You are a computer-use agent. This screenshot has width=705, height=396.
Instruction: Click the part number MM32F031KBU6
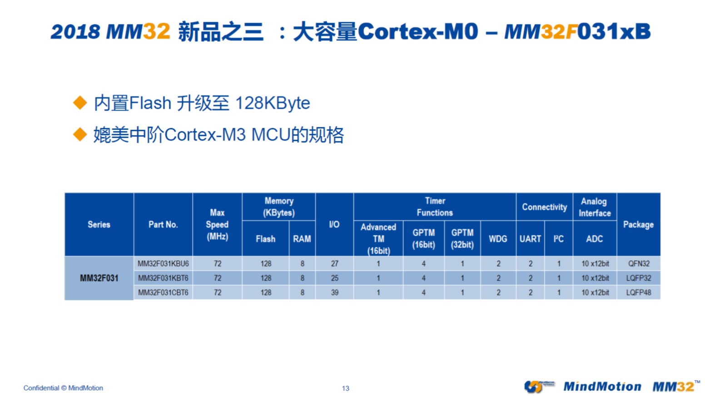(x=163, y=264)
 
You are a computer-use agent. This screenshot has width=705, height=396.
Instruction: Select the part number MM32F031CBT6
(x=163, y=293)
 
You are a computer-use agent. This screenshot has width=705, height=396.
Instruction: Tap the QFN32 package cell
(x=639, y=264)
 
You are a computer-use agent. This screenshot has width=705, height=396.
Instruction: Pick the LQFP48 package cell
(x=639, y=293)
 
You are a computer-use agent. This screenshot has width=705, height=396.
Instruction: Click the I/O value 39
(x=335, y=293)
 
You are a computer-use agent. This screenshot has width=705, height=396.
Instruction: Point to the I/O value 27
(x=335, y=264)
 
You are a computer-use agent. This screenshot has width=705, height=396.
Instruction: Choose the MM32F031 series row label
(x=99, y=278)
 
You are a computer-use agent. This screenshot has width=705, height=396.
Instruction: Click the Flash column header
(x=266, y=239)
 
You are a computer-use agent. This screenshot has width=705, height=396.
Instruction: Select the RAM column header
(x=302, y=239)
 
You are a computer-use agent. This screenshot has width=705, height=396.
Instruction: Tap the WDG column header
(x=498, y=239)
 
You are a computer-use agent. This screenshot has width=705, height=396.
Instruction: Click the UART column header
(x=530, y=239)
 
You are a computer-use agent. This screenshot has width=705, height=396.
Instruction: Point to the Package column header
(x=638, y=225)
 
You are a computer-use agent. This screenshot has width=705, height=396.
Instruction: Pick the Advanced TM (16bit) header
(x=378, y=239)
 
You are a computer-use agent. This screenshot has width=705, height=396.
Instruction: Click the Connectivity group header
(x=545, y=207)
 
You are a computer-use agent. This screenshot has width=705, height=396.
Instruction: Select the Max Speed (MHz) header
(x=217, y=225)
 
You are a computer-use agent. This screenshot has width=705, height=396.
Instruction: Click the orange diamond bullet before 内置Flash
(x=80, y=103)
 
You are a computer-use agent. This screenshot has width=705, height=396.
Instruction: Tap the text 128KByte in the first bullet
(x=273, y=103)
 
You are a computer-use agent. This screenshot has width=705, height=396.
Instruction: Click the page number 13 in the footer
(x=346, y=388)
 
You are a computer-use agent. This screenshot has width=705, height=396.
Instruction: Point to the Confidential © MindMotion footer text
(x=63, y=388)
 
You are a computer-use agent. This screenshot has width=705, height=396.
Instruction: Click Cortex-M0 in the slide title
(x=418, y=31)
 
